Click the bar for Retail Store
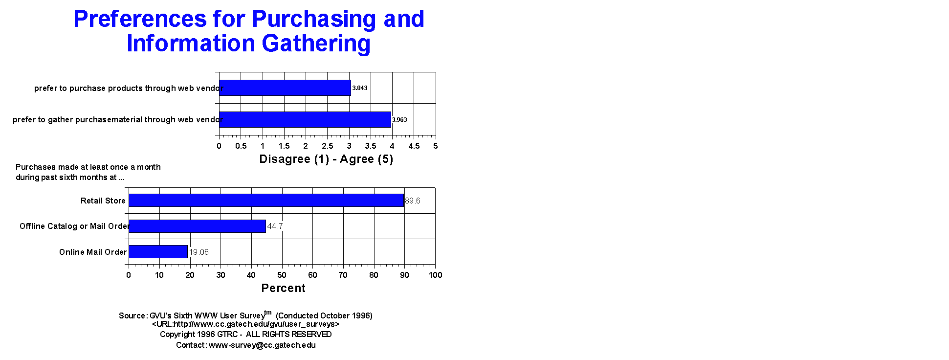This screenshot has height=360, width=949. (x=266, y=201)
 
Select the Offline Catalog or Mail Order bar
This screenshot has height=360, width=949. (x=197, y=226)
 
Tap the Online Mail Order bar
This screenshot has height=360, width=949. (x=158, y=252)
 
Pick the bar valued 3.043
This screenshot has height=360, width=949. (x=285, y=88)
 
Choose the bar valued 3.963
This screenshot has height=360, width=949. (x=305, y=119)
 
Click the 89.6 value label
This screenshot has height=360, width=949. (x=413, y=201)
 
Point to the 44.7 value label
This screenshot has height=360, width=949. (x=275, y=226)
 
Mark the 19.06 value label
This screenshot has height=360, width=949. (x=199, y=252)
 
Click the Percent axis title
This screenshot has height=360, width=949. (x=284, y=288)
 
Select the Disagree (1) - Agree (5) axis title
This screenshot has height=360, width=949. (x=326, y=159)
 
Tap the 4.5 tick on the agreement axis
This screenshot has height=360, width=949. (x=414, y=146)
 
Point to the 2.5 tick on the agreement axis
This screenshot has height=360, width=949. (x=327, y=146)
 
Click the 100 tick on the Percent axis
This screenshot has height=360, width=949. (x=435, y=275)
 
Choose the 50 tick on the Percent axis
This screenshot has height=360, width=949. (x=282, y=275)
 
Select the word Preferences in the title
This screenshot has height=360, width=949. (x=140, y=19)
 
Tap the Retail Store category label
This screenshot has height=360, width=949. (x=103, y=201)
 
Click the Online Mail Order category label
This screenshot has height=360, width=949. (x=93, y=252)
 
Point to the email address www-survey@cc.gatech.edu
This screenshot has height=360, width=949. (x=262, y=345)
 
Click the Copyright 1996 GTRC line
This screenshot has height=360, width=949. (x=245, y=334)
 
